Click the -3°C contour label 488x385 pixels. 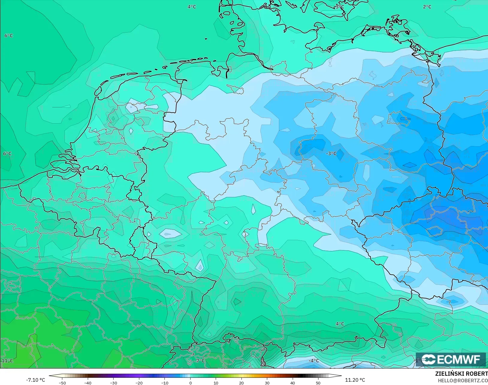point(331,153)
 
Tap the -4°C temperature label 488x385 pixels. point(314,360)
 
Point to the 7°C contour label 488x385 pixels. point(200,360)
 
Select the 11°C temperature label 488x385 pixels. point(7,360)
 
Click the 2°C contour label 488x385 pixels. point(427,7)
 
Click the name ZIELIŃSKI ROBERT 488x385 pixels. point(461,374)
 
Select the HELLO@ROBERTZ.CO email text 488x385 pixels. point(463,381)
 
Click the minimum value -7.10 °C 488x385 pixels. point(35,380)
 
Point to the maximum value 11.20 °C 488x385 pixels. point(355,380)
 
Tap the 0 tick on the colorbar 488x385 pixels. point(190,383)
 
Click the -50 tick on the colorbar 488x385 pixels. point(62,383)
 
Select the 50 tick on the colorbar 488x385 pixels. point(318,383)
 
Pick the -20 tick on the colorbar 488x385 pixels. point(139,383)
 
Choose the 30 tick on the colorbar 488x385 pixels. point(267,383)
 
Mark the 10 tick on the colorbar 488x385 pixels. point(216,383)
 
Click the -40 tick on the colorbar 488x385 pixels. point(88,383)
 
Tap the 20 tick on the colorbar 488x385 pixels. point(241,383)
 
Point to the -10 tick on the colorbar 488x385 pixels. point(164,383)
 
